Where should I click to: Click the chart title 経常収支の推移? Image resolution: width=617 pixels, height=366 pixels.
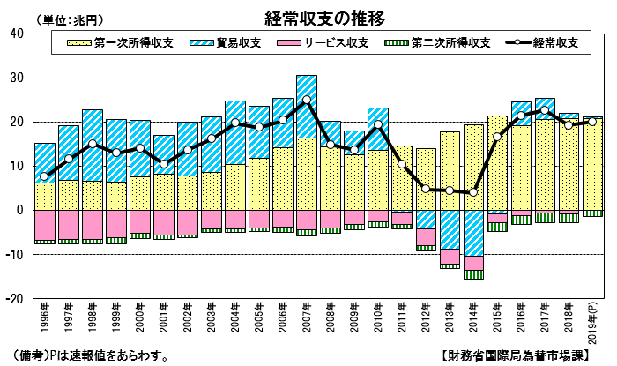pyautogui.click(x=323, y=19)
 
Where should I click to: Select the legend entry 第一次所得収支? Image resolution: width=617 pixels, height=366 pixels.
pyautogui.click(x=121, y=42)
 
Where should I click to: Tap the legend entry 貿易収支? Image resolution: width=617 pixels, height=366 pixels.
pyautogui.click(x=225, y=42)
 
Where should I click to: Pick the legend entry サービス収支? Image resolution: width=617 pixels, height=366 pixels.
pyautogui.click(x=323, y=42)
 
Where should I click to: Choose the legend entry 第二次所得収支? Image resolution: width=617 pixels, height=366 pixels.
pyautogui.click(x=437, y=42)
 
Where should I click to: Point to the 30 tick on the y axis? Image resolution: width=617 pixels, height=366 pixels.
pyautogui.click(x=17, y=78)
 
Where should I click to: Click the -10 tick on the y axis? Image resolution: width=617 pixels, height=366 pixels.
pyautogui.click(x=15, y=254)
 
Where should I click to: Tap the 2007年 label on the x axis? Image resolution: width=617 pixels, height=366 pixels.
pyautogui.click(x=306, y=317)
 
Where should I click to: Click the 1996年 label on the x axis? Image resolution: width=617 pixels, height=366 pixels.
pyautogui.click(x=44, y=317)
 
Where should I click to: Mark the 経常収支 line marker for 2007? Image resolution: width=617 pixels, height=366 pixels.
pyautogui.click(x=307, y=100)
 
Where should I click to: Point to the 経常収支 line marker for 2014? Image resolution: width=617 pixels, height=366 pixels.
pyautogui.click(x=473, y=192)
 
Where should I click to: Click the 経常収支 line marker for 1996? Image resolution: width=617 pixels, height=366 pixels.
pyautogui.click(x=44, y=176)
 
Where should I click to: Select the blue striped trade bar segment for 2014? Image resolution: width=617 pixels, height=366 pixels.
pyautogui.click(x=473, y=233)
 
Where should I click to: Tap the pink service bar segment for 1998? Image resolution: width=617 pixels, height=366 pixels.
pyautogui.click(x=93, y=225)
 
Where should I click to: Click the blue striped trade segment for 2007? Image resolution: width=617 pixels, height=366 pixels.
pyautogui.click(x=307, y=107)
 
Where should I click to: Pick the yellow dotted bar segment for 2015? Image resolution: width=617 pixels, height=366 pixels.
pyautogui.click(x=497, y=163)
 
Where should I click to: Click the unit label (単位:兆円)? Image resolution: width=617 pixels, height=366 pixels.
pyautogui.click(x=70, y=19)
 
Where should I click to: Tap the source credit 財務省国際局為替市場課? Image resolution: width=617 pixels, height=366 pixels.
pyautogui.click(x=515, y=355)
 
